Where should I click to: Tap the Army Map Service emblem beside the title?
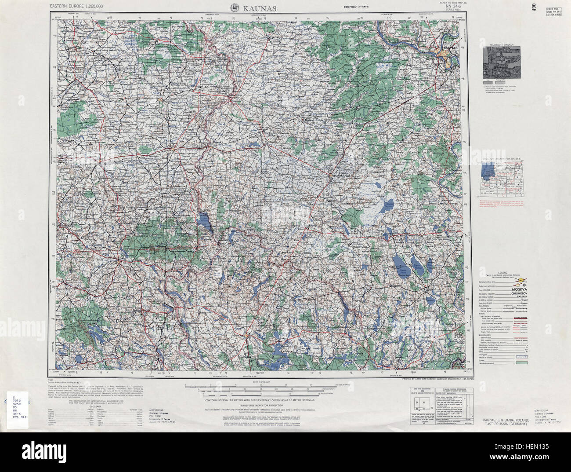pyautogui.click(x=235, y=7)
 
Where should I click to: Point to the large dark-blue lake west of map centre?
pyautogui.click(x=203, y=222)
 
